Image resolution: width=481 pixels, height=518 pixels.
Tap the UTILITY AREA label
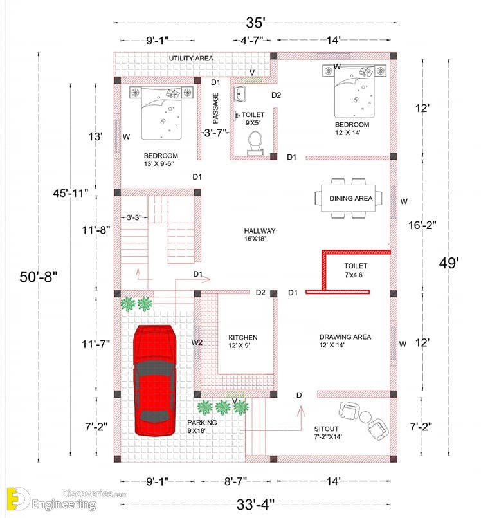(191, 59)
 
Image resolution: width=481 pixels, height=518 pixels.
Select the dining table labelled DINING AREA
(349, 198)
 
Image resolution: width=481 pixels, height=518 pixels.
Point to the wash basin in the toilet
(239, 94)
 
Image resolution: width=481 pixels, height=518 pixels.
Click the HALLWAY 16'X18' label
(260, 235)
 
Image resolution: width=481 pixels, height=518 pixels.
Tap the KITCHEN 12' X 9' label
(242, 341)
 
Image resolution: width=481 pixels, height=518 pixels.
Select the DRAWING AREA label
(345, 337)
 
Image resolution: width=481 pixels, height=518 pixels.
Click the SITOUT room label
(326, 429)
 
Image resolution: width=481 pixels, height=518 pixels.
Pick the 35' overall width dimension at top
(255, 23)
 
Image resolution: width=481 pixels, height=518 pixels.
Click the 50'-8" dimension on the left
(39, 277)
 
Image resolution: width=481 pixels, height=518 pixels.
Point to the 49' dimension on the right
(449, 263)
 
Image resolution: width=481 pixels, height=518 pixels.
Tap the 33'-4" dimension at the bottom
(255, 504)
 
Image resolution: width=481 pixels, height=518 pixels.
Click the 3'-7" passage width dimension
(215, 133)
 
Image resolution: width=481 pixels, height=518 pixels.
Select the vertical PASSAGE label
(215, 108)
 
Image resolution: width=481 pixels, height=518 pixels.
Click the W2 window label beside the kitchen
(197, 342)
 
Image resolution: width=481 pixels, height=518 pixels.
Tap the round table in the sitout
(365, 417)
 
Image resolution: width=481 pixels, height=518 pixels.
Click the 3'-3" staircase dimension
(134, 217)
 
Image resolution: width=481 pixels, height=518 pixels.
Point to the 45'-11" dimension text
(71, 193)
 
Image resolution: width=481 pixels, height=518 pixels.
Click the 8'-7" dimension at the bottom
(235, 481)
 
